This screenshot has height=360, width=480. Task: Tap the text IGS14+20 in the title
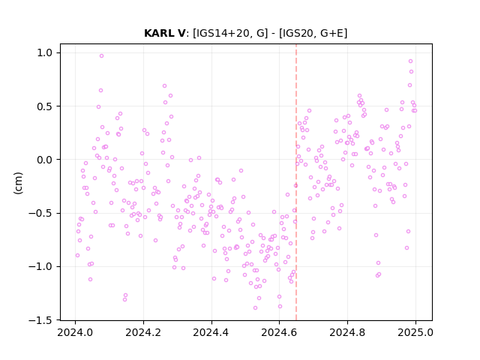222,33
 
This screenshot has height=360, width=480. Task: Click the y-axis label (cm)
18,183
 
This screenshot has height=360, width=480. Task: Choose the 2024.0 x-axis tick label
75,332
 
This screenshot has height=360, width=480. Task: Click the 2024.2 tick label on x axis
143,332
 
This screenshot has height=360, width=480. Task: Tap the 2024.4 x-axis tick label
211,332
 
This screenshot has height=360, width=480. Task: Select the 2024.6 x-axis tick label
279,332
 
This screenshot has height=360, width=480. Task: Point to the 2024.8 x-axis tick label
347,332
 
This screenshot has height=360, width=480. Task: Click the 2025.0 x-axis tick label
415,332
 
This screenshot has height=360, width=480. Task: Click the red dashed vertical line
296,181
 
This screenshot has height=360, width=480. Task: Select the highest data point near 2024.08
102,55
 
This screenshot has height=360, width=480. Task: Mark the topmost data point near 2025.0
410,61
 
